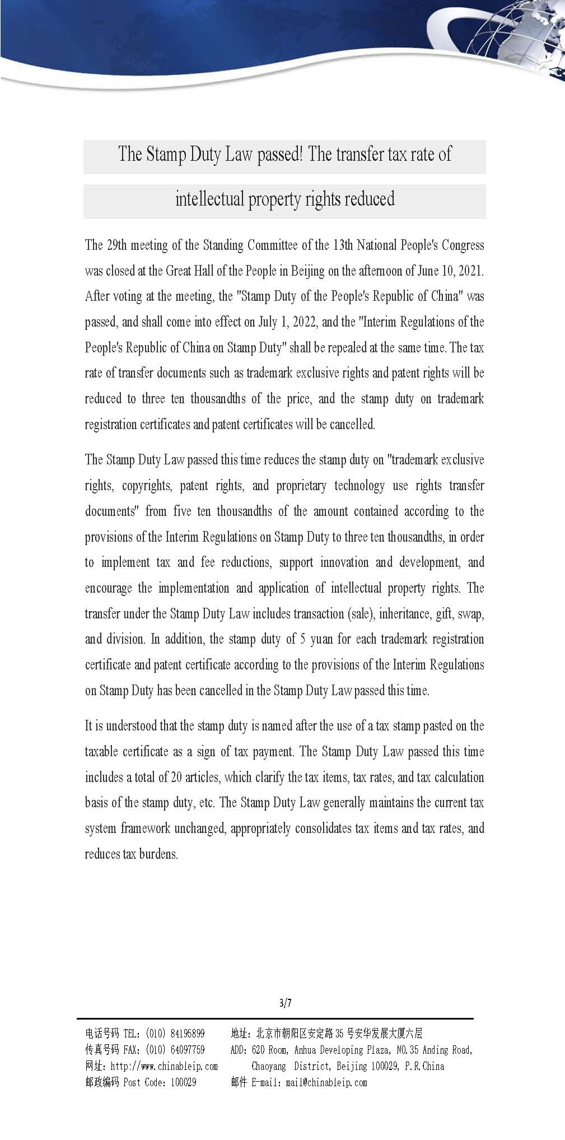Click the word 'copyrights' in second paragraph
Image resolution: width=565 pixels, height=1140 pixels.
[147, 486]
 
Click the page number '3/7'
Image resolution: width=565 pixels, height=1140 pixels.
[285, 1003]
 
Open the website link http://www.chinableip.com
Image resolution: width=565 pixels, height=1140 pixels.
[164, 1066]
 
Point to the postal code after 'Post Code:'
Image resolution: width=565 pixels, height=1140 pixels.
[183, 1082]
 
